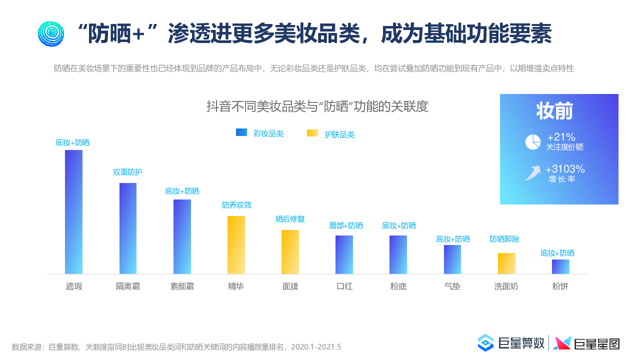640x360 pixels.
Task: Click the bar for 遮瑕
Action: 73,212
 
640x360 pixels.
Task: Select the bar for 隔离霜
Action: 128,228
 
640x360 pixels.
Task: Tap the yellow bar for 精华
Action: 236,245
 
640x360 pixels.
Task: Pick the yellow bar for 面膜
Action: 290,252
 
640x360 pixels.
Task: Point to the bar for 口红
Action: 344,254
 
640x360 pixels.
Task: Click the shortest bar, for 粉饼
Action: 560,266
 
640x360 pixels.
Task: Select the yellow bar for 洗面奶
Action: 506,263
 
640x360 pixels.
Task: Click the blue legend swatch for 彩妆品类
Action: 241,132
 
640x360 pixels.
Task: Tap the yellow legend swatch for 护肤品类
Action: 312,133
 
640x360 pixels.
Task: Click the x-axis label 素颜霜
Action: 182,287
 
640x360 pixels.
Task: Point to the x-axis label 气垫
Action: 452,287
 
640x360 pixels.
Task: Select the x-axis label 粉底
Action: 398,287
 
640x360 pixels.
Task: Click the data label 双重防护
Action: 127,172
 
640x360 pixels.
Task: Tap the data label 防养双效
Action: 236,205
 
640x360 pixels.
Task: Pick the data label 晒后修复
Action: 290,219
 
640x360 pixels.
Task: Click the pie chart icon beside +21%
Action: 533,142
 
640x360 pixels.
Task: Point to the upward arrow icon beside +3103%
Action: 532,173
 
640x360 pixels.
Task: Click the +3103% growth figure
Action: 565,169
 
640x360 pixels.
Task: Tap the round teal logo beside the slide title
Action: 51,34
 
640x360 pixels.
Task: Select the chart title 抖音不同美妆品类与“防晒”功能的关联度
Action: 317,106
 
